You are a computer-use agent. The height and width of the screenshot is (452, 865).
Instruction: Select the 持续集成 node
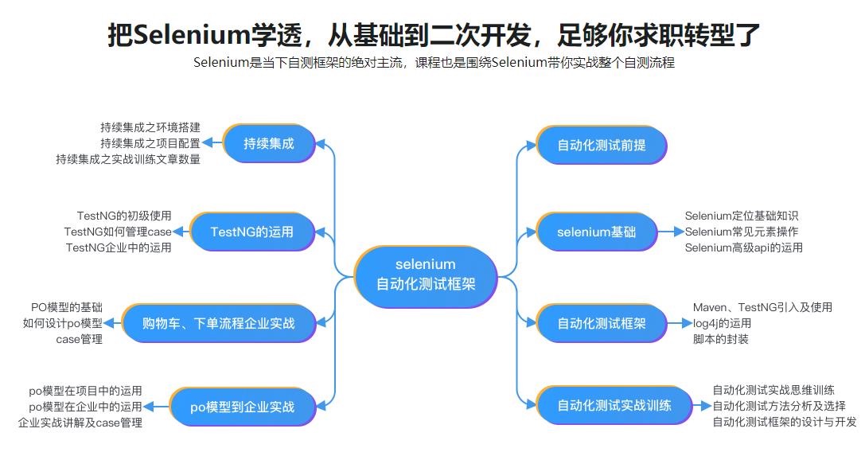click(268, 144)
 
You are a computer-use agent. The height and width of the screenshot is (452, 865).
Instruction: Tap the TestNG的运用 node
click(251, 232)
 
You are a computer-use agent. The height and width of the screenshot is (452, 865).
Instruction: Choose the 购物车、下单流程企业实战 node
click(217, 323)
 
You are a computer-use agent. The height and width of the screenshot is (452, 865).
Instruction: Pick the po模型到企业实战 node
click(242, 407)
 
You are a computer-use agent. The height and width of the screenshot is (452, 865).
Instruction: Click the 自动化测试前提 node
click(601, 145)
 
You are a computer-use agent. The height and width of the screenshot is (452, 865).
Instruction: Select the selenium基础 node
click(596, 232)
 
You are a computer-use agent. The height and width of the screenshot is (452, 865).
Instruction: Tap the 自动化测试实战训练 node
click(614, 405)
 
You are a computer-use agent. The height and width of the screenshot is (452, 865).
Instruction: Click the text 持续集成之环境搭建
click(150, 127)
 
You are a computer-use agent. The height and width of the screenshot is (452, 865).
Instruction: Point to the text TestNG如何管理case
click(118, 232)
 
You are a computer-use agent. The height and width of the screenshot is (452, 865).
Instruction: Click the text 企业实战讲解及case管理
click(80, 423)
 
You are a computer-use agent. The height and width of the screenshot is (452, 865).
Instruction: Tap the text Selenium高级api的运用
click(743, 247)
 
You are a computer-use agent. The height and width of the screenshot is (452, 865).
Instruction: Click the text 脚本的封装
click(720, 339)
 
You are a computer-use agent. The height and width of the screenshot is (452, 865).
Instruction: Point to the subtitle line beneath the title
click(433, 63)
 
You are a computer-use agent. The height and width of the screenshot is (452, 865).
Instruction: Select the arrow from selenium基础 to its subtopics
click(672, 232)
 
